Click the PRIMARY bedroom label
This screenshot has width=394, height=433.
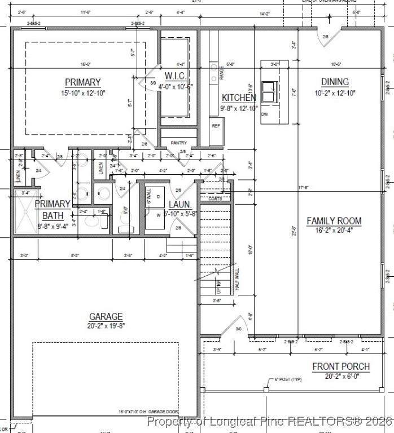[x=82, y=82]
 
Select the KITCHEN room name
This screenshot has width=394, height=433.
[x=238, y=98]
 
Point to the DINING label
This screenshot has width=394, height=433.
[x=335, y=82]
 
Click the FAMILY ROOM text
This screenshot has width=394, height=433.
[x=334, y=220]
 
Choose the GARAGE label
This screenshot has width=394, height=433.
[x=106, y=316]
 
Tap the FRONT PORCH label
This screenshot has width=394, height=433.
[x=341, y=366]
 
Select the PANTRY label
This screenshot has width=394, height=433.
[x=178, y=143]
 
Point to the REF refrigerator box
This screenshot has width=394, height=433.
[x=215, y=126]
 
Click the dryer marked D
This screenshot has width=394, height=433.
[x=158, y=196]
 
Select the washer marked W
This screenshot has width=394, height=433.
[x=158, y=215]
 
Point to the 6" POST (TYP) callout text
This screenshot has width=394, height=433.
[x=288, y=379]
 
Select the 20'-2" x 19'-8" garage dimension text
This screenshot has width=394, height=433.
[x=106, y=326]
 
